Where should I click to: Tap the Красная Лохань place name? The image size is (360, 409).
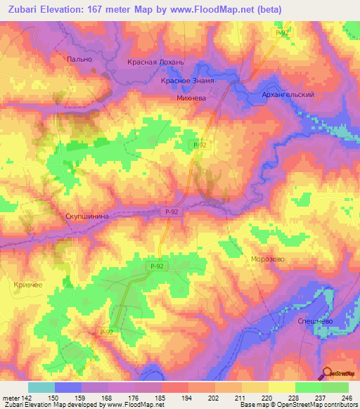155,63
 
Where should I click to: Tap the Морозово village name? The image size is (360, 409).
268,259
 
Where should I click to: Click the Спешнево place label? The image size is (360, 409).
309,320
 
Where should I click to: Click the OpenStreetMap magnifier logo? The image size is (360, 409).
327,372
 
